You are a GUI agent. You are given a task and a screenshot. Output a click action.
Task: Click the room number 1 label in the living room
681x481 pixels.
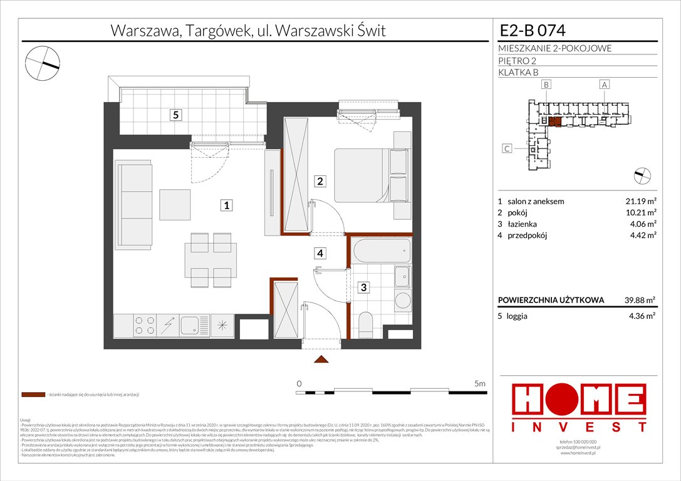(x=228, y=205)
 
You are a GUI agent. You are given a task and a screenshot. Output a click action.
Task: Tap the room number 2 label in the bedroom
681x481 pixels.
(x=320, y=182)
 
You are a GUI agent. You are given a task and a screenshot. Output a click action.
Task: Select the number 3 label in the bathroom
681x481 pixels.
(x=364, y=288)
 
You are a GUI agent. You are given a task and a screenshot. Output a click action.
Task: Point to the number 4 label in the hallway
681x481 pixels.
(x=320, y=254)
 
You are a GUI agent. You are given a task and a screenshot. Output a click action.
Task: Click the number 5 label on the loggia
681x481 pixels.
(x=177, y=115)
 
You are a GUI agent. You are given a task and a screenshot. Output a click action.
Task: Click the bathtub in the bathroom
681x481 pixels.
(x=381, y=251)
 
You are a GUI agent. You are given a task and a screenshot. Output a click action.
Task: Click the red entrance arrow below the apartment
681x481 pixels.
(x=321, y=359)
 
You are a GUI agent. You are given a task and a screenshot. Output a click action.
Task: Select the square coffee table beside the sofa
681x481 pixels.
(x=174, y=204)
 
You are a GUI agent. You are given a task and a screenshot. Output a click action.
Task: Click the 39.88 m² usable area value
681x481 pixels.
(x=639, y=300)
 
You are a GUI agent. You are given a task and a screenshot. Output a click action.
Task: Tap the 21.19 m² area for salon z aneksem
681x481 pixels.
(x=639, y=202)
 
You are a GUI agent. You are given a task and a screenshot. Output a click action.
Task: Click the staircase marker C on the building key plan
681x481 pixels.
(x=507, y=148)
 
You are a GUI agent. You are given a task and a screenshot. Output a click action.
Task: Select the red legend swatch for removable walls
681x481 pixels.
(x=33, y=395)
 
